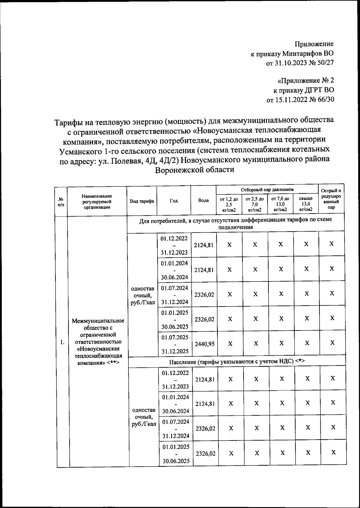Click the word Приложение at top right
pos(314,44)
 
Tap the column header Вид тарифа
pos(142,201)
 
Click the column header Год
pos(174,201)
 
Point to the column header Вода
pos(203,200)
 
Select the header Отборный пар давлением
pos(267,190)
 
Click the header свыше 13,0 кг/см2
pos(306,204)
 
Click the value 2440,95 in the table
pos(205,344)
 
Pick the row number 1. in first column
pos(62,342)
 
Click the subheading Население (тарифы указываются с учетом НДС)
pos(237,362)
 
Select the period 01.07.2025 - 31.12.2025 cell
pos(175,344)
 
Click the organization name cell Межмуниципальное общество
pos(98,342)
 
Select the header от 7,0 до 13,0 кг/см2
pos(280,204)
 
